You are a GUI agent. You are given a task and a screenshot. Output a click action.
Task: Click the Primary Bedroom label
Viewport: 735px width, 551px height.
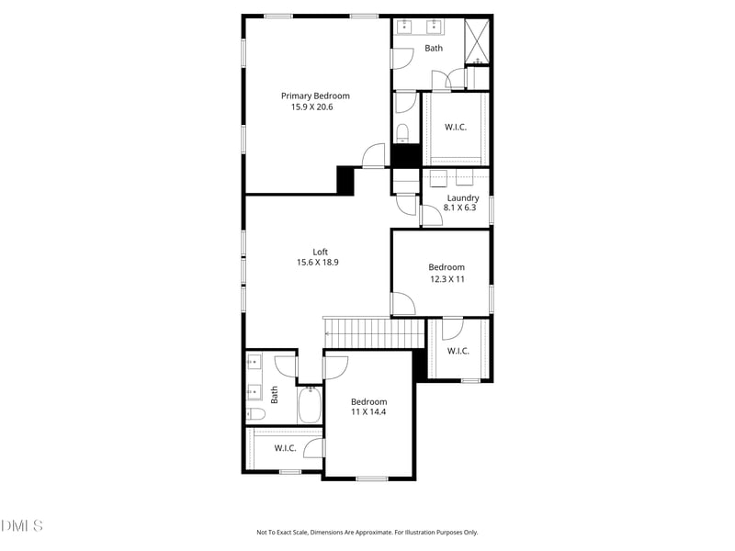pyautogui.click(x=315, y=96)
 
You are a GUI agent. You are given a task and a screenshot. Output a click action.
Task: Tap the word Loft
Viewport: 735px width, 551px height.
pyautogui.click(x=320, y=252)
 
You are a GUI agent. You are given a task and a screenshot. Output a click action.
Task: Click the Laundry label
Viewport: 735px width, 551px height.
pyautogui.click(x=462, y=197)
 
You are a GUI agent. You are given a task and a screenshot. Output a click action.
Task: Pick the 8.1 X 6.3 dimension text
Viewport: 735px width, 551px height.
pyautogui.click(x=461, y=208)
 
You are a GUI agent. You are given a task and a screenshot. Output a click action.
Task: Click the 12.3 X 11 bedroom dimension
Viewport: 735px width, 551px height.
pyautogui.click(x=447, y=279)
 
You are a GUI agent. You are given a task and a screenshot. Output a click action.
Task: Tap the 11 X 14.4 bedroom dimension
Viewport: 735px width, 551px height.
pyautogui.click(x=368, y=412)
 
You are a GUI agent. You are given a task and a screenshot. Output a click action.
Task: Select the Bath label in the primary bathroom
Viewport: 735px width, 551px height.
pyautogui.click(x=434, y=49)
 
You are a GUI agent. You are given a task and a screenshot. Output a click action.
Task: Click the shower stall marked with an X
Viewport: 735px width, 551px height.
pyautogui.click(x=477, y=40)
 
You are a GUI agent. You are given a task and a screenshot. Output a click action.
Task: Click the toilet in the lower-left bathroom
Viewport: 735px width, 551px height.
pyautogui.click(x=255, y=414)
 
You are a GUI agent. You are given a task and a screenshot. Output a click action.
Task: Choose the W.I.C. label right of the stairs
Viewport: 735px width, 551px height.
pyautogui.click(x=458, y=351)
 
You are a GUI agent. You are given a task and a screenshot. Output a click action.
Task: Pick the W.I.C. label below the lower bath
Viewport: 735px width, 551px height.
pyautogui.click(x=286, y=448)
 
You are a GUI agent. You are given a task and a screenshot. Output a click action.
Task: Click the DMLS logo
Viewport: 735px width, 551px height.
pyautogui.click(x=22, y=526)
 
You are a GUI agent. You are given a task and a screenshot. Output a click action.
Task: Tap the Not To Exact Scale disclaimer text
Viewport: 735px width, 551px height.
pyautogui.click(x=367, y=532)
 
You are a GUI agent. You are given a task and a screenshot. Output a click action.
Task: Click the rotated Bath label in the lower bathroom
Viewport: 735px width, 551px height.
pyautogui.click(x=274, y=394)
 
